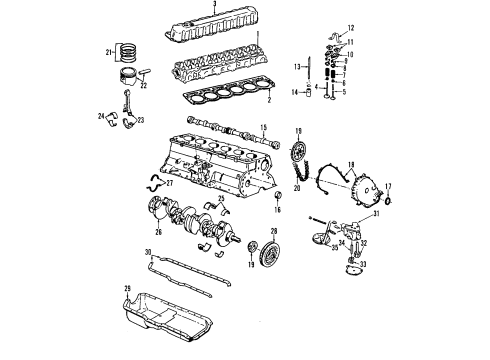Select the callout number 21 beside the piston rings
click(109, 52)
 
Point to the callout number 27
click(169, 183)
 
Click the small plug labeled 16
click(276, 211)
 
